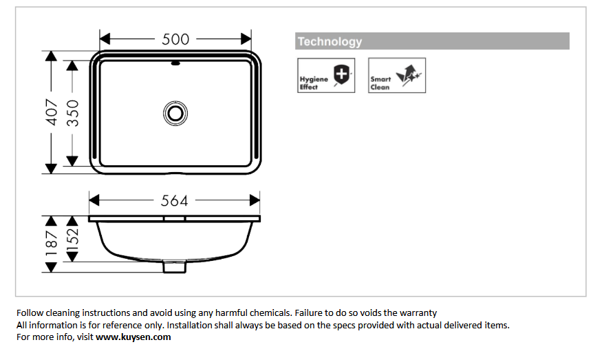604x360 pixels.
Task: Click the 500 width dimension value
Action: point(175,39)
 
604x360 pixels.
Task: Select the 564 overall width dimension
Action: point(175,200)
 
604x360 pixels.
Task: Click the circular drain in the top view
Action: point(175,112)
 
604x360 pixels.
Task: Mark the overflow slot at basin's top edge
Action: point(175,65)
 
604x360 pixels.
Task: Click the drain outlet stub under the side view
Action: point(175,267)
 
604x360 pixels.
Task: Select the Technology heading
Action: point(330,41)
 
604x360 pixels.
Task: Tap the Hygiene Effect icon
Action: point(325,75)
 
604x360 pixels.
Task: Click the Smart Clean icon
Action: point(397,75)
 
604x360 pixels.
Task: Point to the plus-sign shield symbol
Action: point(341,72)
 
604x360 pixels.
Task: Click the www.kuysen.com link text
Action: point(133,337)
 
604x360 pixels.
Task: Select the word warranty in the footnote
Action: point(416,313)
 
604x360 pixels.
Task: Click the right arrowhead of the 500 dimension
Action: point(246,39)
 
